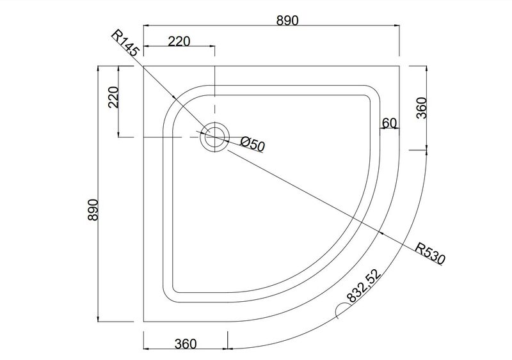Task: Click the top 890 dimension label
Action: point(287,20)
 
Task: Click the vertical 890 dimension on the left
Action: point(93,210)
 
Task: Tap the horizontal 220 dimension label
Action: point(179,42)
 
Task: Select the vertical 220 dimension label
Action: point(113,97)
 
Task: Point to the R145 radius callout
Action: point(125,43)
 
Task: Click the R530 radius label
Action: point(430,253)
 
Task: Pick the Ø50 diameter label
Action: point(252,145)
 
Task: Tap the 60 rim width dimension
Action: point(389,123)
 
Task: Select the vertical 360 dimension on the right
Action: point(422,108)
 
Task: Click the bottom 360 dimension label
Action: point(186,343)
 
